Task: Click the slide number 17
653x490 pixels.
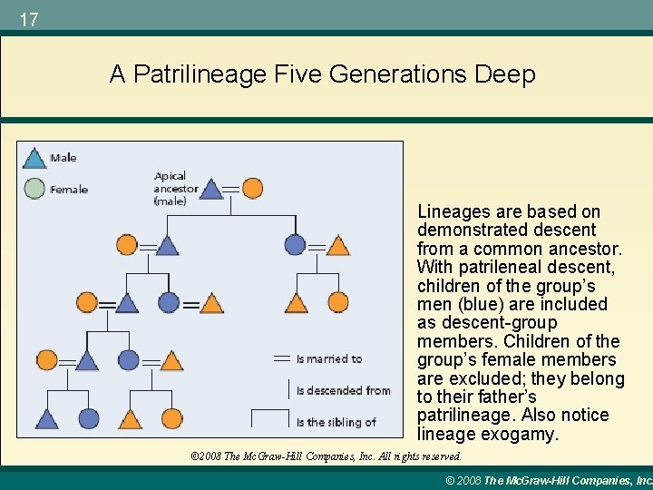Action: point(28,19)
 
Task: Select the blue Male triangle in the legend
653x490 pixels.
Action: point(34,158)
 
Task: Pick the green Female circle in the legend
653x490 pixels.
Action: point(34,189)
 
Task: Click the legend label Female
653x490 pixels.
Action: point(69,190)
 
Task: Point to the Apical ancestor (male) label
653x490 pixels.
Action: point(176,189)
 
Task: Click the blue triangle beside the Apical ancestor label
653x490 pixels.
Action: point(210,189)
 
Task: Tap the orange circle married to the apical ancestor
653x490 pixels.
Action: point(252,189)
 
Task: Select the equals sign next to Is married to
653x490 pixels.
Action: point(281,358)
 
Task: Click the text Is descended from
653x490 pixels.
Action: point(343,391)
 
